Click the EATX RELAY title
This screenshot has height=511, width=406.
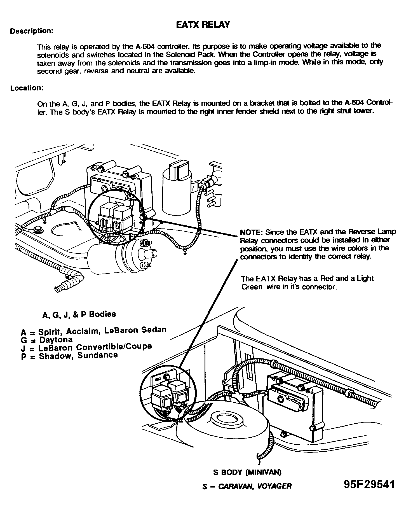pos(203,25)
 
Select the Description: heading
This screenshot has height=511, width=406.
pos(32,31)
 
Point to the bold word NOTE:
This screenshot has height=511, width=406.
pos(251,232)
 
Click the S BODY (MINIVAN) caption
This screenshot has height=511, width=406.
pos(247,472)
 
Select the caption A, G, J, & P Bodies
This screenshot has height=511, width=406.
pos(79,314)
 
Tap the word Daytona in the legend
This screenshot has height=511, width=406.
pos(56,340)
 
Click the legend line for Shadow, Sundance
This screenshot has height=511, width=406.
pos(69,356)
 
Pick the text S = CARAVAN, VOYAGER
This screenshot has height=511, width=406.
pos(247,486)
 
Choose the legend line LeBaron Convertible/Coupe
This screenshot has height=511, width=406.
pos(86,347)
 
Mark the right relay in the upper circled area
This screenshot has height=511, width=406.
pos(123,216)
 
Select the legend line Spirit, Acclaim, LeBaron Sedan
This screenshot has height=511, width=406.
pos(94,331)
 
